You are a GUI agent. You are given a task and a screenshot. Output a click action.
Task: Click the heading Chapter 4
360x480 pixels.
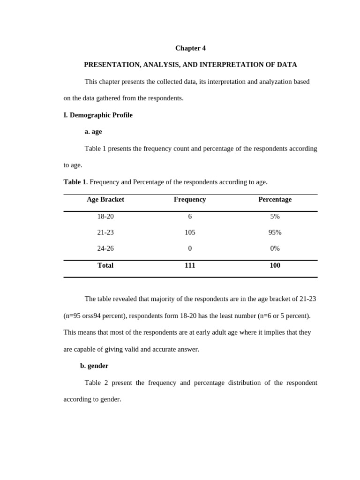(190, 48)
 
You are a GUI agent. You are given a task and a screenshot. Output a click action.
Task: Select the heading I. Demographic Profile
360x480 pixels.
(98, 115)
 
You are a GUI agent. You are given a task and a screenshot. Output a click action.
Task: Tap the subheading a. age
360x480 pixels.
(93, 132)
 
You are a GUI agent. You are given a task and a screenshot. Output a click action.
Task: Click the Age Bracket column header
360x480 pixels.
(105, 199)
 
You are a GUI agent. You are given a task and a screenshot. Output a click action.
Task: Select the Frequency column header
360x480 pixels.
(190, 199)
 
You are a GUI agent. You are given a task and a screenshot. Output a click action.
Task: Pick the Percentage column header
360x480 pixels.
(275, 199)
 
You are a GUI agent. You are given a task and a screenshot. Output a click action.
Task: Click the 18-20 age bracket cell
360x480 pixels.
(105, 217)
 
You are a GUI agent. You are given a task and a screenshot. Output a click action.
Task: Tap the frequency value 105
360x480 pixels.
(190, 232)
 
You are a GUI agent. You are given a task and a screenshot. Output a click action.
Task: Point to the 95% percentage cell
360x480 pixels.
(275, 232)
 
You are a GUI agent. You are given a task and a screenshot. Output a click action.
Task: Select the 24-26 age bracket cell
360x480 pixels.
(105, 248)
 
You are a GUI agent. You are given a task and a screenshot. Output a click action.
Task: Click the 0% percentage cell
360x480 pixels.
(275, 248)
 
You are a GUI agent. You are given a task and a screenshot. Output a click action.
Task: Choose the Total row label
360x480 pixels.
(105, 265)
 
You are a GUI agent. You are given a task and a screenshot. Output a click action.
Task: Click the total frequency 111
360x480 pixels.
(190, 265)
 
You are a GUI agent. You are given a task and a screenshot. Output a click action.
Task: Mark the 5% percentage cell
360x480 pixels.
(275, 217)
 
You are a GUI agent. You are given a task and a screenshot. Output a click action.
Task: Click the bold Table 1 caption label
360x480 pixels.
(75, 182)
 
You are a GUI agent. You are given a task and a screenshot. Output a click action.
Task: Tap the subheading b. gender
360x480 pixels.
(94, 366)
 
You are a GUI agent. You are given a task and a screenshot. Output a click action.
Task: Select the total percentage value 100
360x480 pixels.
(275, 265)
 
